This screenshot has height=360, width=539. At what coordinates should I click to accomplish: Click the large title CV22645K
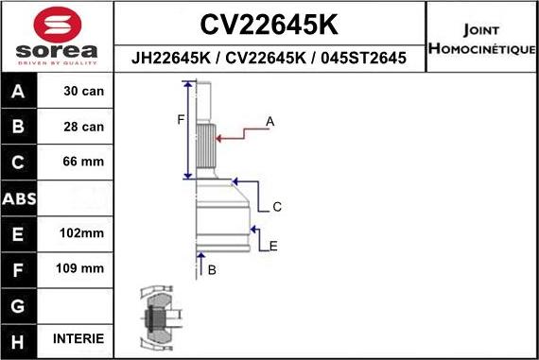point(270,23)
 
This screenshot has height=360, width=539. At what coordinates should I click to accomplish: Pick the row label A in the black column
point(20,92)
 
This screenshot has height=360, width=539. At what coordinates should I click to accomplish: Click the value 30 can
point(83,92)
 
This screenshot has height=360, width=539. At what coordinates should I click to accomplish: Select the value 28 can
point(83,127)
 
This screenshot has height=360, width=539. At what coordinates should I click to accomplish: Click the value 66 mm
point(83,162)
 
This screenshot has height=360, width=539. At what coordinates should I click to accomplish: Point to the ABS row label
point(20,197)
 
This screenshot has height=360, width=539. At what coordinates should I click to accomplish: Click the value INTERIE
point(79,338)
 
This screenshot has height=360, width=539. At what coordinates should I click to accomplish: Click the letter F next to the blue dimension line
point(180,119)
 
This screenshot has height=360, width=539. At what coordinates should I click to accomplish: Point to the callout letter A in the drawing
point(269,122)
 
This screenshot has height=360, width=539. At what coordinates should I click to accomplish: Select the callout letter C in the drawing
point(278,207)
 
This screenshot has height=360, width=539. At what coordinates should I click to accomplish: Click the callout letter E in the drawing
point(273,247)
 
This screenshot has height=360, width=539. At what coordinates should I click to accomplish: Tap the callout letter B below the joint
point(212,270)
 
